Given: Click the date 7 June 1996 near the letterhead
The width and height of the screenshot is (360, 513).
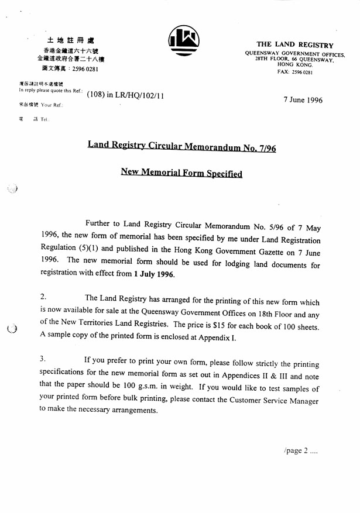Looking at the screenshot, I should pos(303,100).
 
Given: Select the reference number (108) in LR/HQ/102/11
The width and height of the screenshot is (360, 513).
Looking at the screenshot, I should pos(125,94).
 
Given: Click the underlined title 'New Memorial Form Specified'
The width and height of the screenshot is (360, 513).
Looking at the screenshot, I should pos(181,173).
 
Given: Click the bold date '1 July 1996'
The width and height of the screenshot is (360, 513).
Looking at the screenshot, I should pos(154,274).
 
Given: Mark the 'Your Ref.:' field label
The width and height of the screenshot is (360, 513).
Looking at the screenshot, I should pos(50,105).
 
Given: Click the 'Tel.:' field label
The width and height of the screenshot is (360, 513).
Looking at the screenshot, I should pos(44,119).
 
